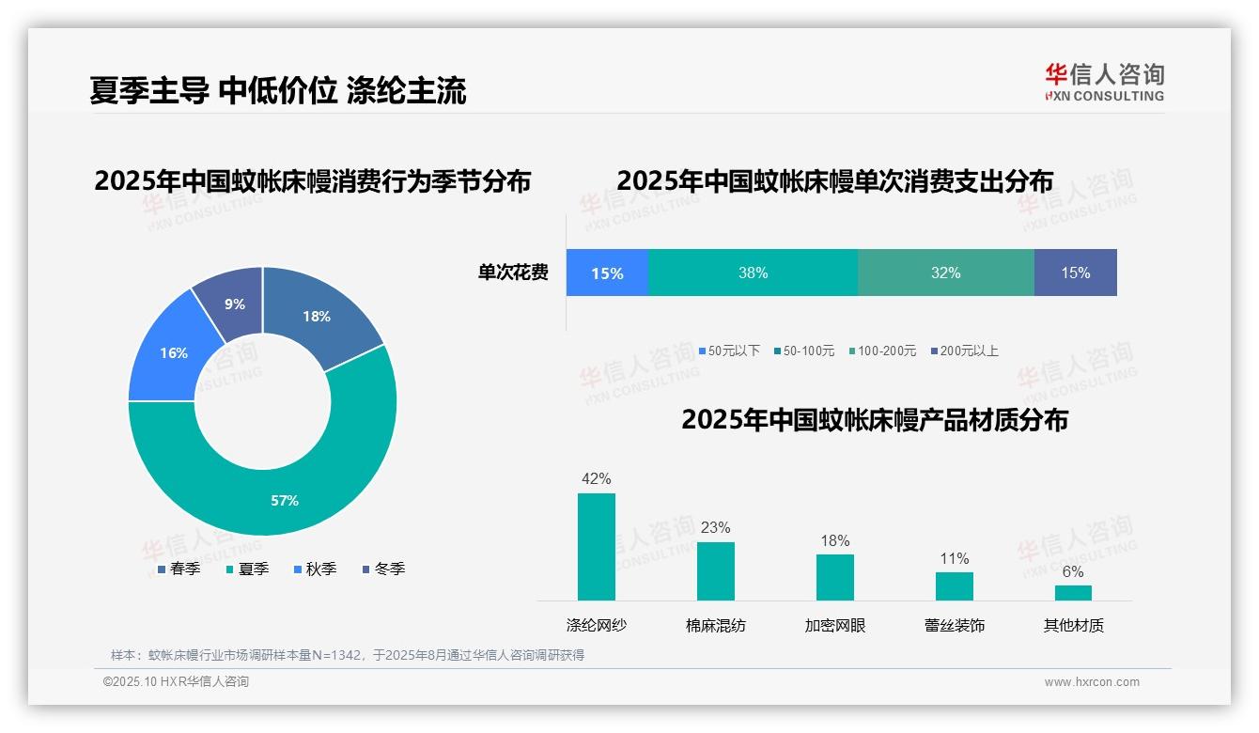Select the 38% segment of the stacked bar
tap(753, 273)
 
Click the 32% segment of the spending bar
tap(945, 273)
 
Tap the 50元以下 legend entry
tap(729, 351)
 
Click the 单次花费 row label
tap(513, 273)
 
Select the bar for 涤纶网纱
tap(596, 547)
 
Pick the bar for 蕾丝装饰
tap(954, 586)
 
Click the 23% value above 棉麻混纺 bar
tap(715, 527)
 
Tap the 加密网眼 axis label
tap(835, 625)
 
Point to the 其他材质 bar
tap(1073, 593)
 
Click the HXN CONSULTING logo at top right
tap(1104, 82)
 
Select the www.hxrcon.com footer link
tap(1092, 682)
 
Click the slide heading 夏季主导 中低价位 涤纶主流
tap(278, 90)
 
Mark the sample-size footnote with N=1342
tap(348, 655)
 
